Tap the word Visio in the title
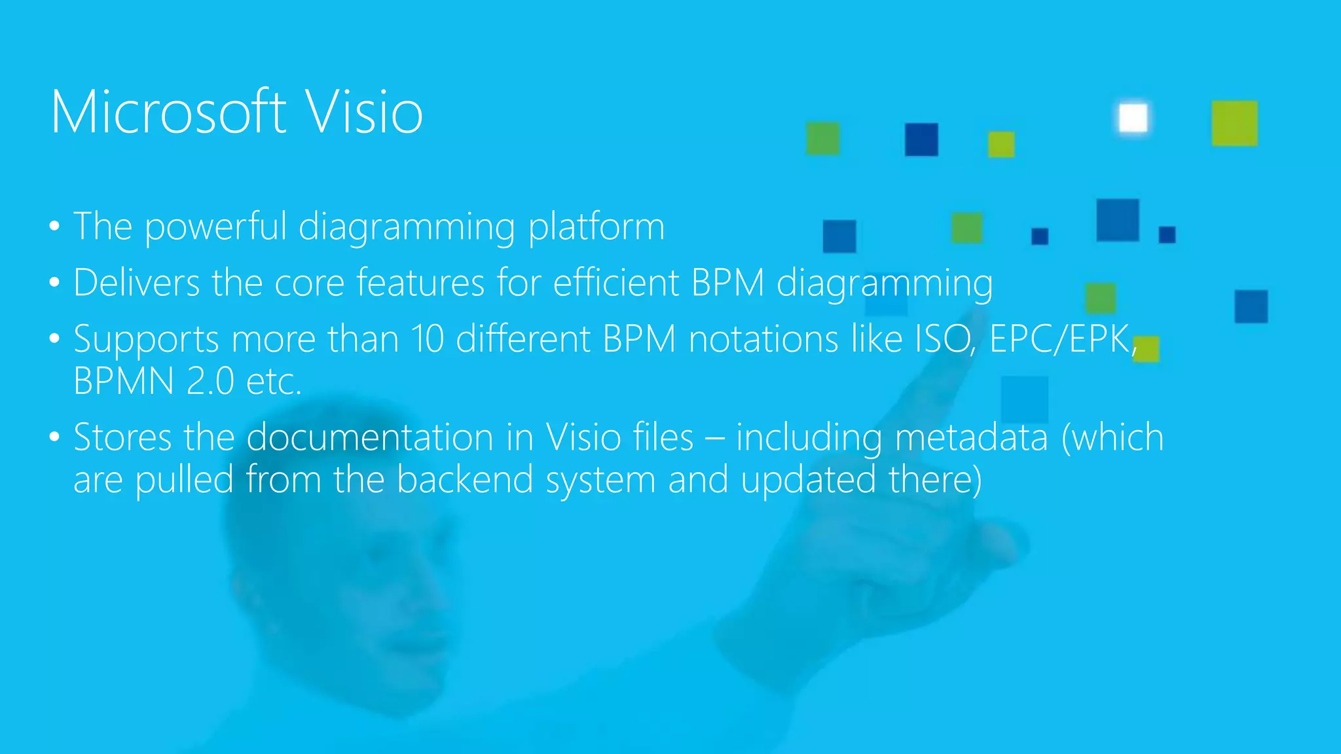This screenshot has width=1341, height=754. pos(364,113)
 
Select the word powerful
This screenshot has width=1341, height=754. pos(215,227)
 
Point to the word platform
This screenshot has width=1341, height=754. pos(596,227)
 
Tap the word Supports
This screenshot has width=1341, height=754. pos(146,340)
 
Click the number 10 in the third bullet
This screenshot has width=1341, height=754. pos(427,340)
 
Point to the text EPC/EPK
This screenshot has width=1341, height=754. pos(1061,340)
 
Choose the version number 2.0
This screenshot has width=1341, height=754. pos(210,382)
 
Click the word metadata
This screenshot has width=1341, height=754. pos(971,437)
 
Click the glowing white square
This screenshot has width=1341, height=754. pos(1133,118)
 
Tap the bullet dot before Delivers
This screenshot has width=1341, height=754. pos(54,284)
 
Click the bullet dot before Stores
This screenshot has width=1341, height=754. pos(54,437)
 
